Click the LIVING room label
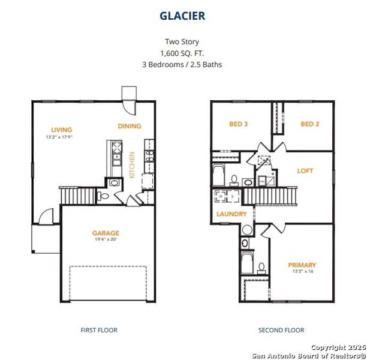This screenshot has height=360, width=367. (62, 130)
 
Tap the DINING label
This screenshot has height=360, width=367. (130, 126)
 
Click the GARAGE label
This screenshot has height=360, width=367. (106, 233)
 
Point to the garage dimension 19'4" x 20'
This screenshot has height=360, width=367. (106, 239)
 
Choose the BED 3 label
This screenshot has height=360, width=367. (238, 124)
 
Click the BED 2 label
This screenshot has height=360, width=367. (309, 124)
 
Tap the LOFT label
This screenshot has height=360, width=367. (305, 171)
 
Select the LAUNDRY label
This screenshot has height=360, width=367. (231, 214)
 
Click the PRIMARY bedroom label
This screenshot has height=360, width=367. (302, 265)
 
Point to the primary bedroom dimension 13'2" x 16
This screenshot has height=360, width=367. (302, 271)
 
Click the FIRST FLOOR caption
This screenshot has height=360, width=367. (99, 330)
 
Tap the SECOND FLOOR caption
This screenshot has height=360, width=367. (281, 330)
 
